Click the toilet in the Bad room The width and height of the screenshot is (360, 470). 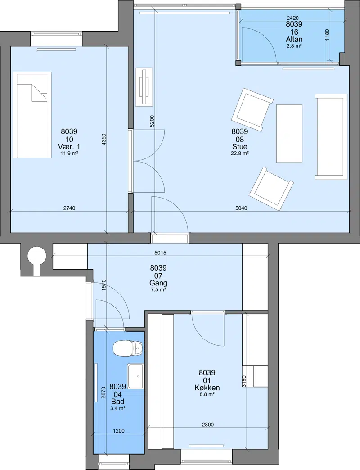[128, 348]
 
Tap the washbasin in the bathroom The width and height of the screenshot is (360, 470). [135, 376]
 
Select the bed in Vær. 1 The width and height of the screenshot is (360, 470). [32, 115]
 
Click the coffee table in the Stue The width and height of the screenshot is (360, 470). [289, 133]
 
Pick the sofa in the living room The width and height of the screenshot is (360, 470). [331, 137]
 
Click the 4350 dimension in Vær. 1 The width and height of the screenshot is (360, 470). [103, 140]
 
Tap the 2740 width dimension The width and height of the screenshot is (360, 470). [69, 208]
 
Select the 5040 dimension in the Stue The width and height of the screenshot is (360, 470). [241, 208]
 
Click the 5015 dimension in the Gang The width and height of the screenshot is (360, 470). [160, 253]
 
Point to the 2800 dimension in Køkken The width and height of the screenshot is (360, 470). [207, 425]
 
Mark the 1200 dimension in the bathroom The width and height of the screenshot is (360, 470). [119, 431]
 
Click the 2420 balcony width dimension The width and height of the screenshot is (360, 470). [292, 18]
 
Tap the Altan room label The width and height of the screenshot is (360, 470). [294, 39]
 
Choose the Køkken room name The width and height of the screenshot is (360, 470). [207, 388]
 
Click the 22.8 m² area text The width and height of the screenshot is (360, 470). [240, 153]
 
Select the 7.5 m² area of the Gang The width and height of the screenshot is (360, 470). [158, 289]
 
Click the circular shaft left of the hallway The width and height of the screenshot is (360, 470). [36, 255]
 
